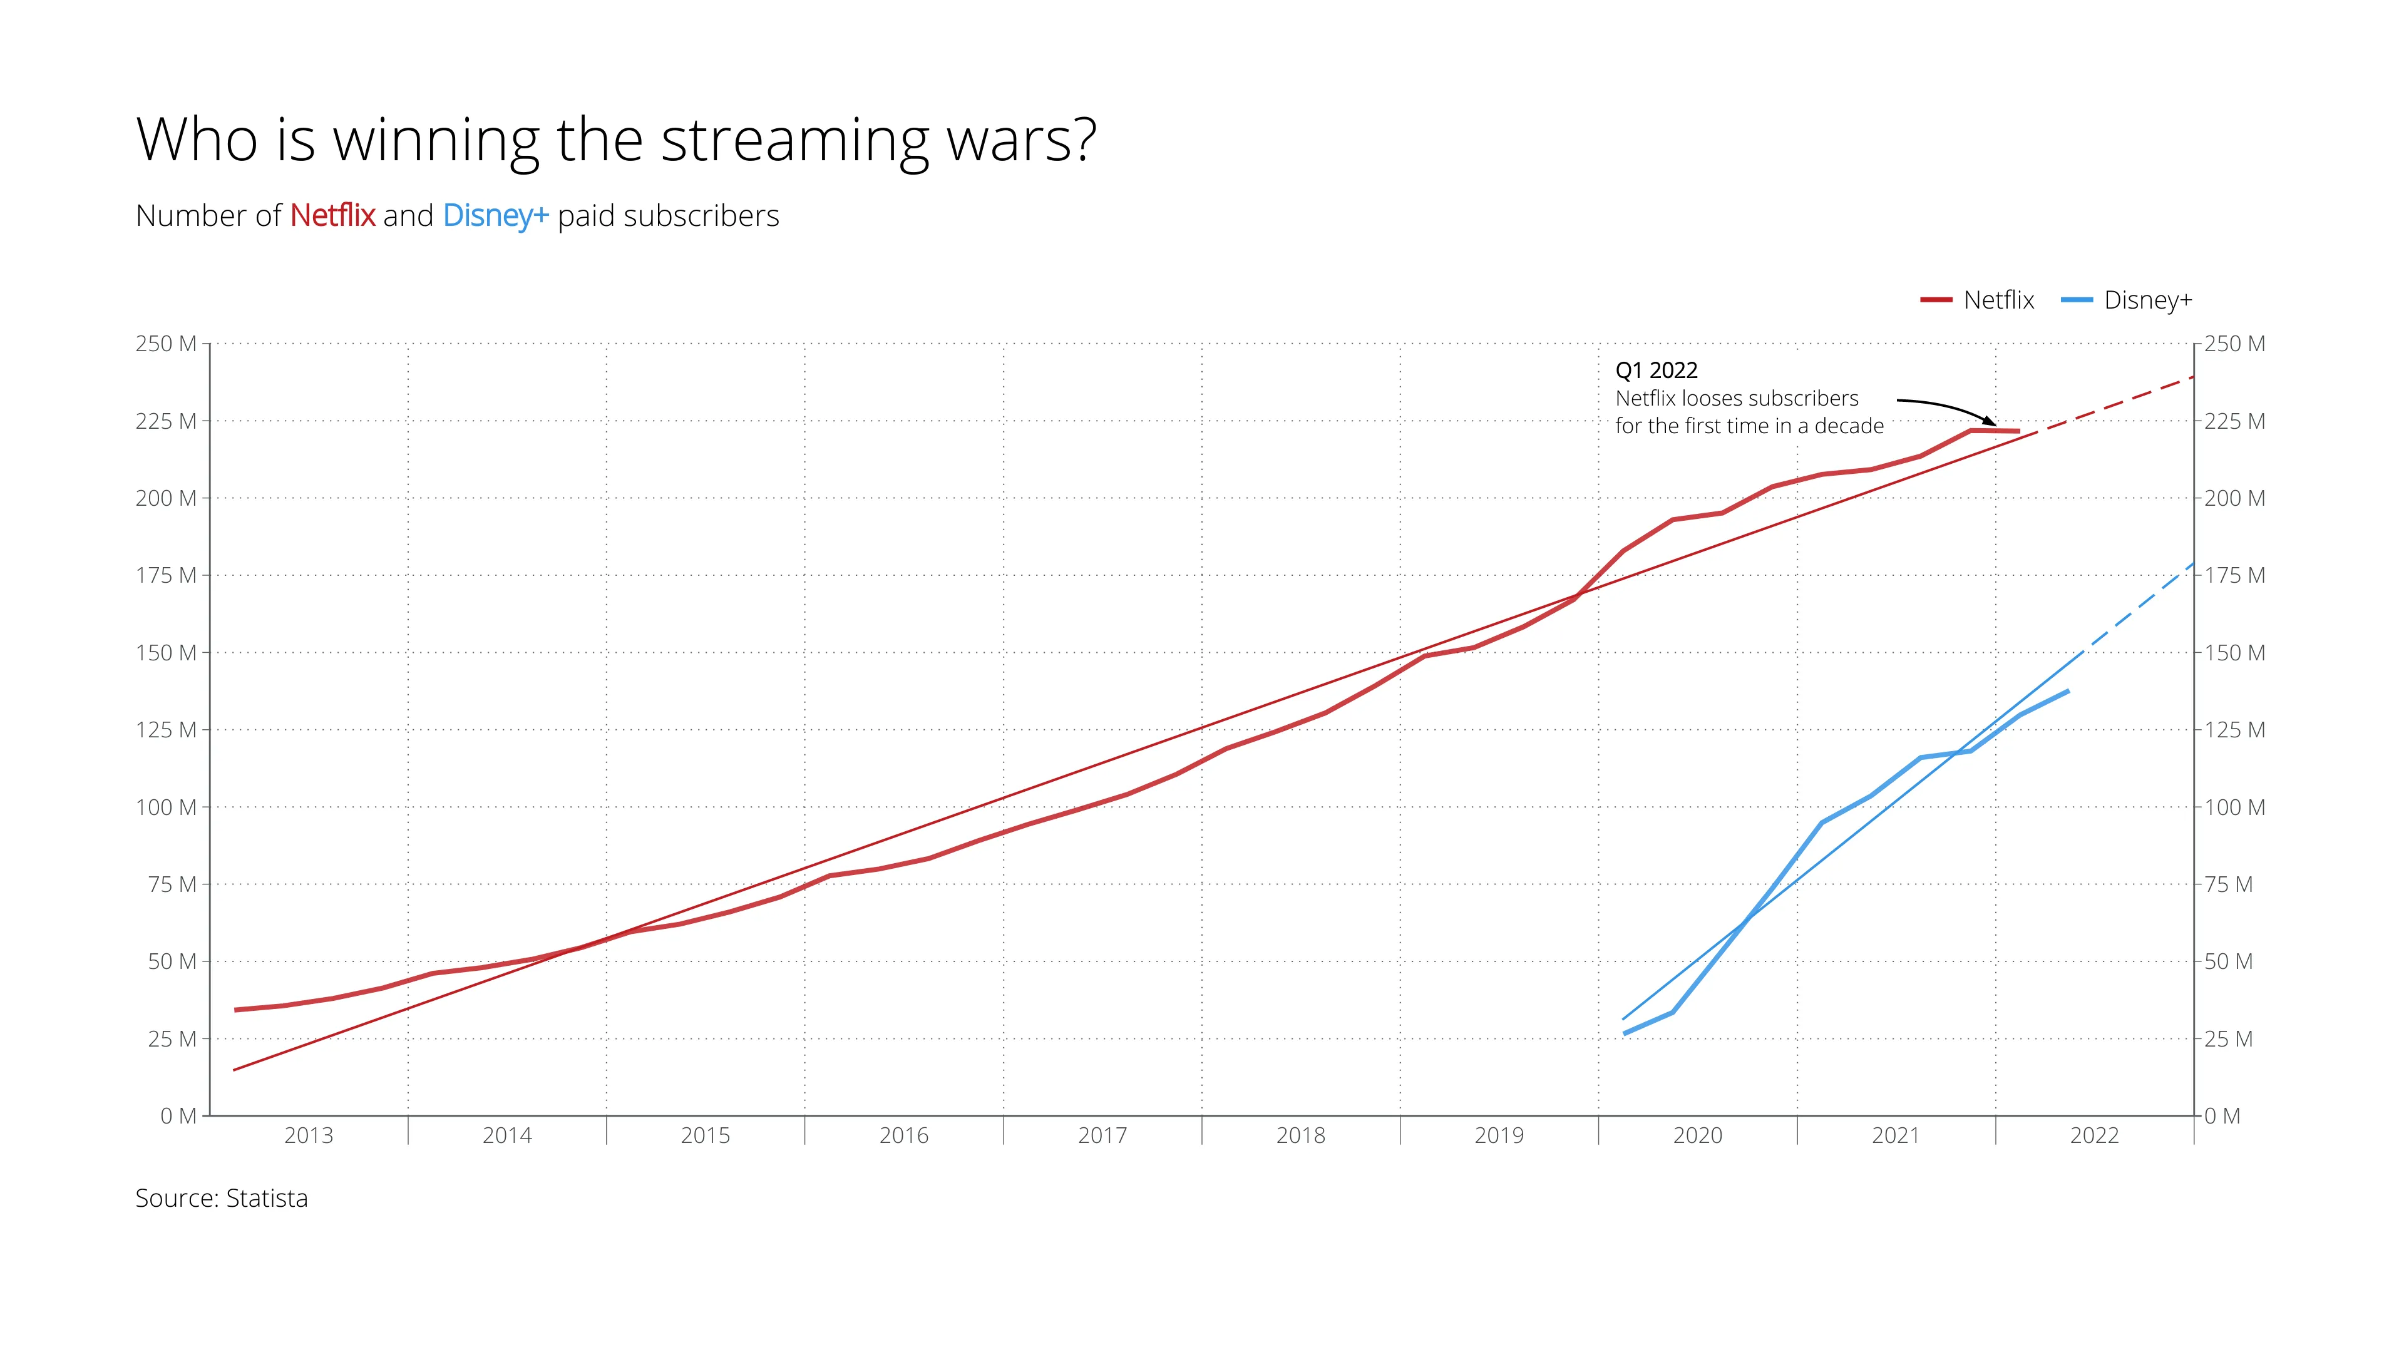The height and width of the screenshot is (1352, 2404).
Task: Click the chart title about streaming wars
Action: click(616, 140)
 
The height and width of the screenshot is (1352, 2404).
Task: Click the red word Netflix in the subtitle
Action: click(332, 215)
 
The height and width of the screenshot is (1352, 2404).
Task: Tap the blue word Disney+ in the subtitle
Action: click(495, 215)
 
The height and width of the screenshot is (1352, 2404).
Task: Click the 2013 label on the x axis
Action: click(309, 1135)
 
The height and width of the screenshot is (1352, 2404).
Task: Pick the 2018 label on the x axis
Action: click(1301, 1135)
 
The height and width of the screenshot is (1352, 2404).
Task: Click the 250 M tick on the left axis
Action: click(166, 344)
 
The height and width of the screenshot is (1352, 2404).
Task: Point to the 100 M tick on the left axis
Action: click(166, 807)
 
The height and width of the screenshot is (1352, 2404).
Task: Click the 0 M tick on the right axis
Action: click(2222, 1116)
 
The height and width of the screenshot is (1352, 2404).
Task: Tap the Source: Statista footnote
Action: click(221, 1198)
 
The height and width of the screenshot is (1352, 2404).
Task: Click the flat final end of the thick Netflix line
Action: click(2016, 431)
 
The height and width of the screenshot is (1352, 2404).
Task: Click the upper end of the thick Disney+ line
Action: click(2068, 692)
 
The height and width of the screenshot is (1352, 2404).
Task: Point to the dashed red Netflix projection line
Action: click(2119, 403)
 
